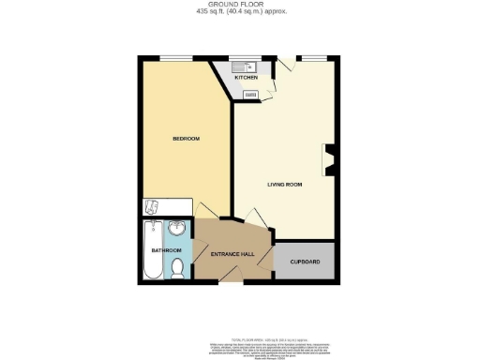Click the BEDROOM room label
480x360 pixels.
click(x=186, y=140)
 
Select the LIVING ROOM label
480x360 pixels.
click(x=283, y=185)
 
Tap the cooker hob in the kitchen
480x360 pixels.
click(x=251, y=94)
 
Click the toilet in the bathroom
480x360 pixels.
click(x=178, y=267)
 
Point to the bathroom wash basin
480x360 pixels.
click(x=177, y=232)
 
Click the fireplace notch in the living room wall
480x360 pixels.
click(x=327, y=157)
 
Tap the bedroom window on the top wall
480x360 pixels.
click(x=171, y=58)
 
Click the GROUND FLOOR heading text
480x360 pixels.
click(x=240, y=5)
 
